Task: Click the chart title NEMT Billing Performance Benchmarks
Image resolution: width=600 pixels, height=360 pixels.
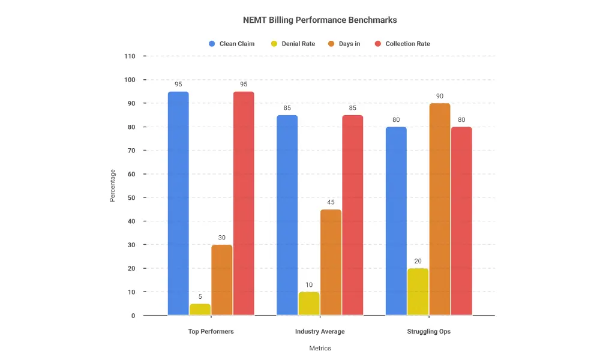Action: pos(320,20)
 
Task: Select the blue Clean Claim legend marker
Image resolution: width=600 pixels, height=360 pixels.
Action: pos(212,44)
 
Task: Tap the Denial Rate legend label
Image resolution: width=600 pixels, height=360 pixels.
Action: pos(298,44)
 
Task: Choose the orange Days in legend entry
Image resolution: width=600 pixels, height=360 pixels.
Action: pos(349,44)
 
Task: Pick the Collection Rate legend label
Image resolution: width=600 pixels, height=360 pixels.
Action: pos(407,44)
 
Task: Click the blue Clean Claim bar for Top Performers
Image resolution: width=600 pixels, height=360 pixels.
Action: pos(178,203)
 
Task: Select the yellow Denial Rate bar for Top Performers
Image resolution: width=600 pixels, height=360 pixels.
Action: pos(200,310)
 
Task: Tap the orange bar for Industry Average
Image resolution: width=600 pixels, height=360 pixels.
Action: pos(331,262)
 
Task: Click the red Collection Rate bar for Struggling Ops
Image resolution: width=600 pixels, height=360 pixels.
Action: pos(461,221)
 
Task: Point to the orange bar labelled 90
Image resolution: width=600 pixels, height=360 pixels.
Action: pos(440,209)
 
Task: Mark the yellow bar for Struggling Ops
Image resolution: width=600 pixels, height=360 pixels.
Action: pos(418,292)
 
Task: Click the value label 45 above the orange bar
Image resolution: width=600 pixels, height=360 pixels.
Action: pos(331,202)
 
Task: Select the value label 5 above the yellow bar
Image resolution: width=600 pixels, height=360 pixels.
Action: pos(200,296)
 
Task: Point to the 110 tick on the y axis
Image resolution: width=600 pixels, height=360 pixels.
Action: pos(130,56)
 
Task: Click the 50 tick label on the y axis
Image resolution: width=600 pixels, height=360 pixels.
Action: pos(131,197)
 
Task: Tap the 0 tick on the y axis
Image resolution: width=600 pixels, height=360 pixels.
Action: pos(133,316)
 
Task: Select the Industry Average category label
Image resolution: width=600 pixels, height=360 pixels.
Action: pos(320,332)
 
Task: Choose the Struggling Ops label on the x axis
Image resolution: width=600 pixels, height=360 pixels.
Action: pos(428,332)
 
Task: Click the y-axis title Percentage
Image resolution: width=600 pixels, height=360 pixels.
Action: pos(112,185)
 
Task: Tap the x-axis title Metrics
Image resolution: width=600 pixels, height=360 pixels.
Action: pos(320,349)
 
